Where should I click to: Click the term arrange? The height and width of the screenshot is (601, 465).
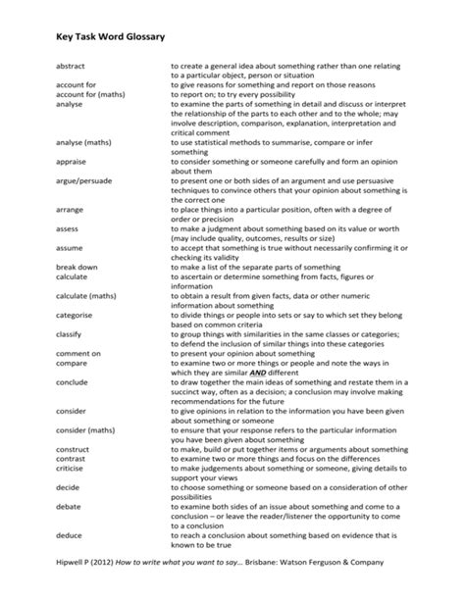pyautogui.click(x=70, y=210)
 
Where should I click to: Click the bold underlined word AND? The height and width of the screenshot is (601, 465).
pyautogui.click(x=257, y=373)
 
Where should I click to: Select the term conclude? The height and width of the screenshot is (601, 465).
pyautogui.click(x=73, y=381)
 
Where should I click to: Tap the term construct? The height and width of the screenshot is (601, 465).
pyautogui.click(x=73, y=448)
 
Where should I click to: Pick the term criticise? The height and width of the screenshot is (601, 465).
pyautogui.click(x=72, y=468)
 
